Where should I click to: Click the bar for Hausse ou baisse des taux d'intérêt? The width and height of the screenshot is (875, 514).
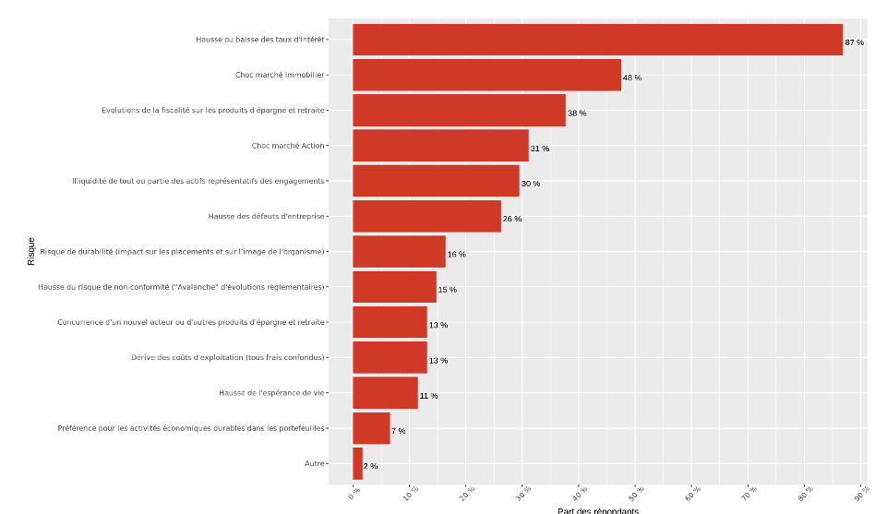tap(597, 40)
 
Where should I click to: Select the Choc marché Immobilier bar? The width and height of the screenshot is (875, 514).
tap(486, 75)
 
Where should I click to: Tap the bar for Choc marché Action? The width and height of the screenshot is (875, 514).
tap(440, 146)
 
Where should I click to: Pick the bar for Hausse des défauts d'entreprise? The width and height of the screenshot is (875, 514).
tap(426, 216)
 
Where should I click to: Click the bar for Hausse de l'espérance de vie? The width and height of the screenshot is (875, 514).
tap(385, 392)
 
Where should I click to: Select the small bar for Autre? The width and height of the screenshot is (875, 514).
tap(357, 463)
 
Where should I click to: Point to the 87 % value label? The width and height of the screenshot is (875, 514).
tap(854, 42)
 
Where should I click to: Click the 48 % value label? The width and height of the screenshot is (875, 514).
tap(632, 78)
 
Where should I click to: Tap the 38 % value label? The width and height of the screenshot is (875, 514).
tap(577, 113)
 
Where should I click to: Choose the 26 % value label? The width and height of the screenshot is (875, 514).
tap(512, 219)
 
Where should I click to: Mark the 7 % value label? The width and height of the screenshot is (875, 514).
tap(398, 431)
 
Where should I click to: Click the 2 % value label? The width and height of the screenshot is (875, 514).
tap(370, 466)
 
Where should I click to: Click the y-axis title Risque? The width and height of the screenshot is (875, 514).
tap(31, 252)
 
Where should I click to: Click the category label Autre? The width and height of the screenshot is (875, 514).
tap(314, 463)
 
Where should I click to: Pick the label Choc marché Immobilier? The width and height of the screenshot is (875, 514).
tap(280, 75)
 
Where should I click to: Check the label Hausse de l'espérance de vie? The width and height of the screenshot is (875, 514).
tap(272, 392)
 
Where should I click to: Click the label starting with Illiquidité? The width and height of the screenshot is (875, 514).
tap(198, 181)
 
